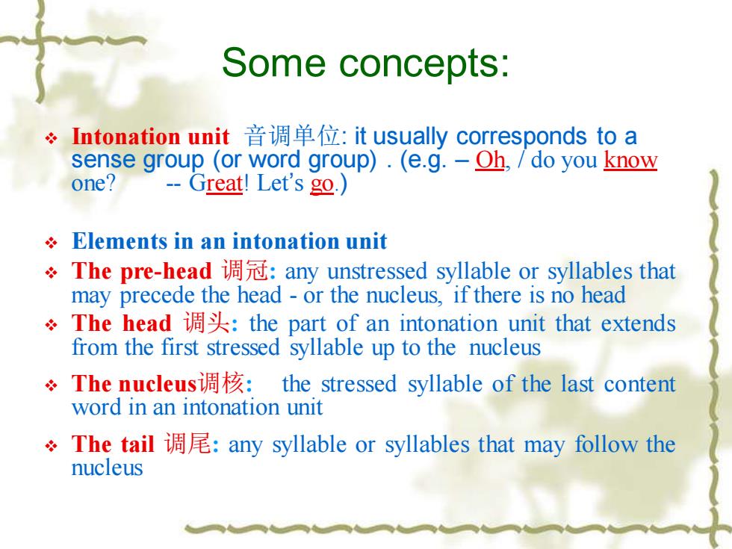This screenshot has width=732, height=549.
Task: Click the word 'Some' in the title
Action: pos(273,62)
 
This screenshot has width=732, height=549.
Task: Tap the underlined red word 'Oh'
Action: pos(490,160)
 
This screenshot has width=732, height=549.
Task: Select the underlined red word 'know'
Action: pos(630,160)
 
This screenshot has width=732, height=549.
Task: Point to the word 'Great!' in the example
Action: pos(218,184)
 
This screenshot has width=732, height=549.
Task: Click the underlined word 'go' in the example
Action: pos(322,184)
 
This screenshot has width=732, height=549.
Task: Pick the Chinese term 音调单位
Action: pos(293,136)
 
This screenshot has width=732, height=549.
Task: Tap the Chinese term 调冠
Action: pos(245,270)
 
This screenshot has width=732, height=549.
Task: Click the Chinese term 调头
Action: pos(206,323)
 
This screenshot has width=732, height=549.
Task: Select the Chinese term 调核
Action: pos(221,383)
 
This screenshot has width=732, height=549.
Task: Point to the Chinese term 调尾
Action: pos(187,444)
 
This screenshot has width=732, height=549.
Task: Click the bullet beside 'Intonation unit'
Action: pos(51,138)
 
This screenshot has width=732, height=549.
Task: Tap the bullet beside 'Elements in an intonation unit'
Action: pos(51,243)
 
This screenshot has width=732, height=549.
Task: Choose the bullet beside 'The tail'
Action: pos(51,445)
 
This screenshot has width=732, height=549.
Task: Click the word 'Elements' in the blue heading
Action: pos(119,241)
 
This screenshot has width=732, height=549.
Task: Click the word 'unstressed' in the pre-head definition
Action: pos(377,271)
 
